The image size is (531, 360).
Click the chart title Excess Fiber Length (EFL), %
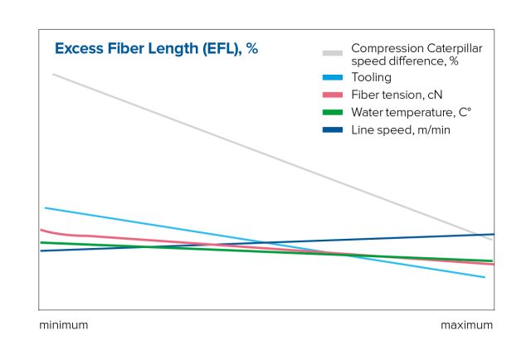coord(156,49)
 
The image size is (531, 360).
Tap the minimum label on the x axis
coord(63,325)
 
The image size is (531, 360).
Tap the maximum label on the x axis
coord(466,325)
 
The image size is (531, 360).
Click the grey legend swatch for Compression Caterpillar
coord(333,54)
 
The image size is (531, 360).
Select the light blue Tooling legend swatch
coord(333,77)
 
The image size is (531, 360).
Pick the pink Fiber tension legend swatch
coord(333,95)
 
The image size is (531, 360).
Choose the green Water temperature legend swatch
coord(333,112)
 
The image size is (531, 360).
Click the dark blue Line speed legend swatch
coord(333,130)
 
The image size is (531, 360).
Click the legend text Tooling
coord(371,77)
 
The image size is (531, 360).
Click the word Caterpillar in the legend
coord(454,48)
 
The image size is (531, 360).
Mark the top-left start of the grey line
coord(53,75)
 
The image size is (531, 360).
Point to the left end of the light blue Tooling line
coord(46,207)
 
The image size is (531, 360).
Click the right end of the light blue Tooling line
coord(485,277)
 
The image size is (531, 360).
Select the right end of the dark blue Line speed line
coord(493,234)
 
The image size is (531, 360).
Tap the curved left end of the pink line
coord(41,230)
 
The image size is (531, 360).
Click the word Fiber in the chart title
coord(119,49)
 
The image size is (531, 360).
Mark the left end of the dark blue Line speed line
coord(41,251)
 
